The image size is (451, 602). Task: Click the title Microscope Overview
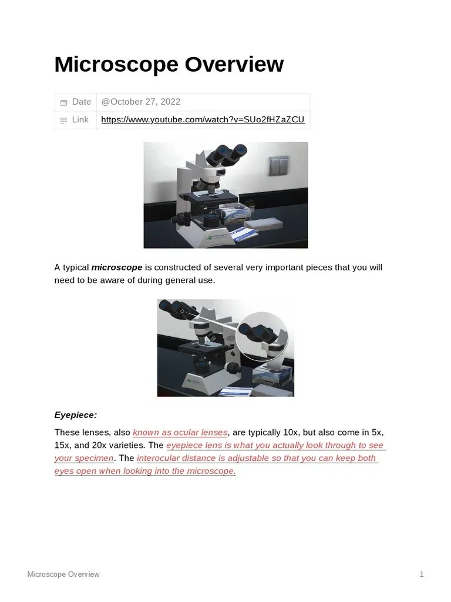point(169,65)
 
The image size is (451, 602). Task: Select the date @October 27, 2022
point(140,102)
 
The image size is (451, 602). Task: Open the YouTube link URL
point(203,120)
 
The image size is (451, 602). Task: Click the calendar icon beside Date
point(63,102)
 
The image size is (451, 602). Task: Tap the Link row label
point(80,120)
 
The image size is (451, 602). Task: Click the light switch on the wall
point(279,166)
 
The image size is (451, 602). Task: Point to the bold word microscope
point(117,267)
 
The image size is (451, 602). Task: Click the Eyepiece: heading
point(76,415)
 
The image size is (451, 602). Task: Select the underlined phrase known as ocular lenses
point(180,433)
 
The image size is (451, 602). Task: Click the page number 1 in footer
point(421,574)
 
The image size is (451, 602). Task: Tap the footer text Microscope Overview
point(63,574)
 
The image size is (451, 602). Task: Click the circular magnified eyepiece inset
point(262,336)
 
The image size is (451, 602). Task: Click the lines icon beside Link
point(63,121)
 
